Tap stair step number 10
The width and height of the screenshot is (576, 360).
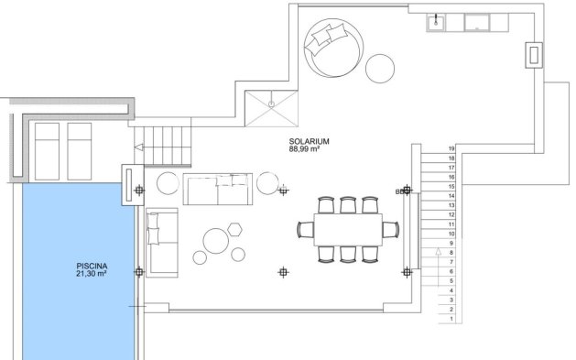(x=451, y=234)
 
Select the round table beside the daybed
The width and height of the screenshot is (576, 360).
(x=378, y=67)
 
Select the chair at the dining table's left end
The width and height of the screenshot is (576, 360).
(x=305, y=228)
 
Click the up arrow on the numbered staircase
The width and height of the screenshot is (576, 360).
(x=439, y=251)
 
